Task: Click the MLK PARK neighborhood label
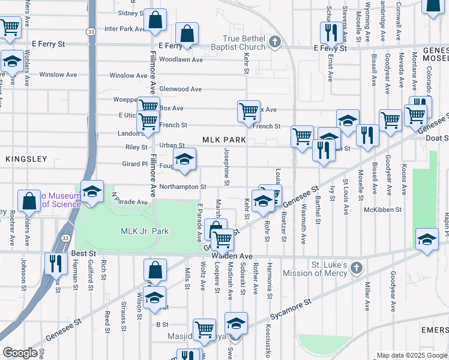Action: click(x=224, y=140)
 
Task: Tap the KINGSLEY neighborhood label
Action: click(x=26, y=159)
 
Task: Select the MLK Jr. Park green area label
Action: click(x=145, y=231)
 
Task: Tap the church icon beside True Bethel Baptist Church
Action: click(x=275, y=42)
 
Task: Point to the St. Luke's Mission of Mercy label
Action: click(x=337, y=269)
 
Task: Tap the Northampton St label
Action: click(x=183, y=187)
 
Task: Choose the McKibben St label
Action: click(x=382, y=209)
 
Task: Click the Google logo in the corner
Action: click(x=20, y=353)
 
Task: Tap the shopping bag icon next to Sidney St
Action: click(x=156, y=20)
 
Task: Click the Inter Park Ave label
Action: click(x=125, y=28)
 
